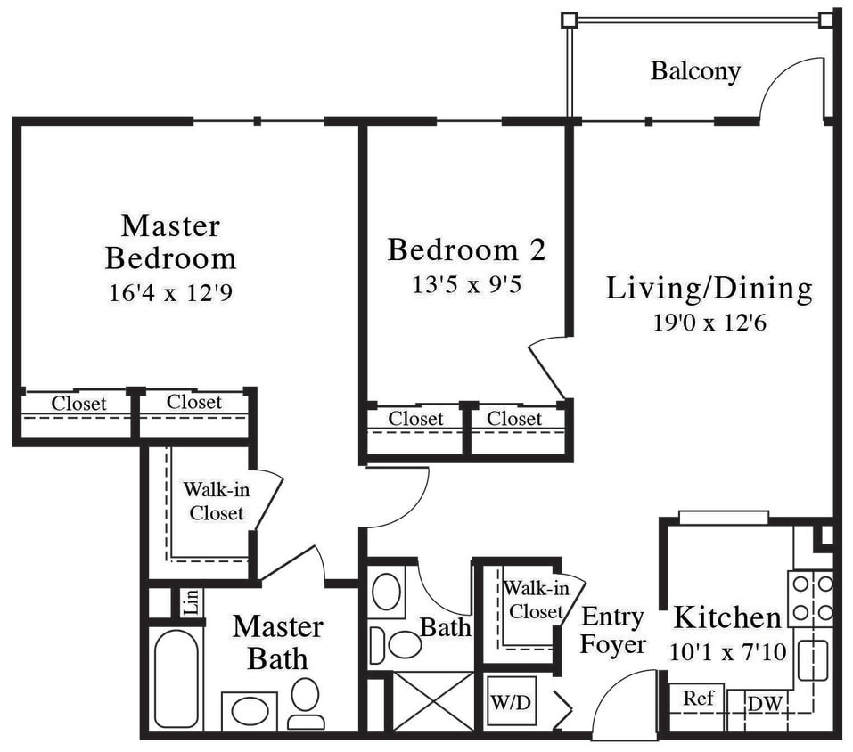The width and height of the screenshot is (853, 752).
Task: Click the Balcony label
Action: point(695,70)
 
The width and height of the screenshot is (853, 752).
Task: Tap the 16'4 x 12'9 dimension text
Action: point(170,292)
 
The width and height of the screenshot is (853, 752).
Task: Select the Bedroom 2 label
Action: point(466,249)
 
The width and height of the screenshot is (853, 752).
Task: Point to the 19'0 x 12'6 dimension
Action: point(709,322)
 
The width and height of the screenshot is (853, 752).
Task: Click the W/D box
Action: point(511,701)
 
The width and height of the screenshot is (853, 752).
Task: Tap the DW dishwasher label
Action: point(764,704)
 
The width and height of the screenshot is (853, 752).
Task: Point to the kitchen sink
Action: point(812,659)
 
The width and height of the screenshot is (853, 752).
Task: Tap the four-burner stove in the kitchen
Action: point(811,599)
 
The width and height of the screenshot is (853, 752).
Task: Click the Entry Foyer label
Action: point(612,630)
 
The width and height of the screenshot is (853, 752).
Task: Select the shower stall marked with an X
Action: point(434,700)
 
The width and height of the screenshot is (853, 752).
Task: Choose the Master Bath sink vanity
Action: point(249,711)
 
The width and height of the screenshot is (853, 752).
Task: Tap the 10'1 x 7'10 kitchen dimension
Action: point(727,652)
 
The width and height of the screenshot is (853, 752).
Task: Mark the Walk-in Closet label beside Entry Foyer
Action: point(533,600)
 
